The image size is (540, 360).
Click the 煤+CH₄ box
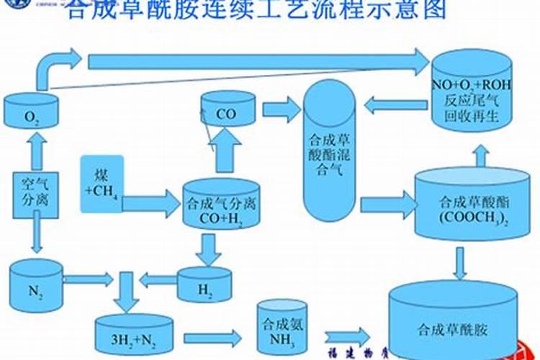tap(101, 184)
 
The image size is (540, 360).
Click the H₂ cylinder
tap(205, 285)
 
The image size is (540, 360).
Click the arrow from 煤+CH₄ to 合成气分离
tap(150, 204)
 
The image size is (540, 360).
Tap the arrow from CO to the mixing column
tap(282, 109)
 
